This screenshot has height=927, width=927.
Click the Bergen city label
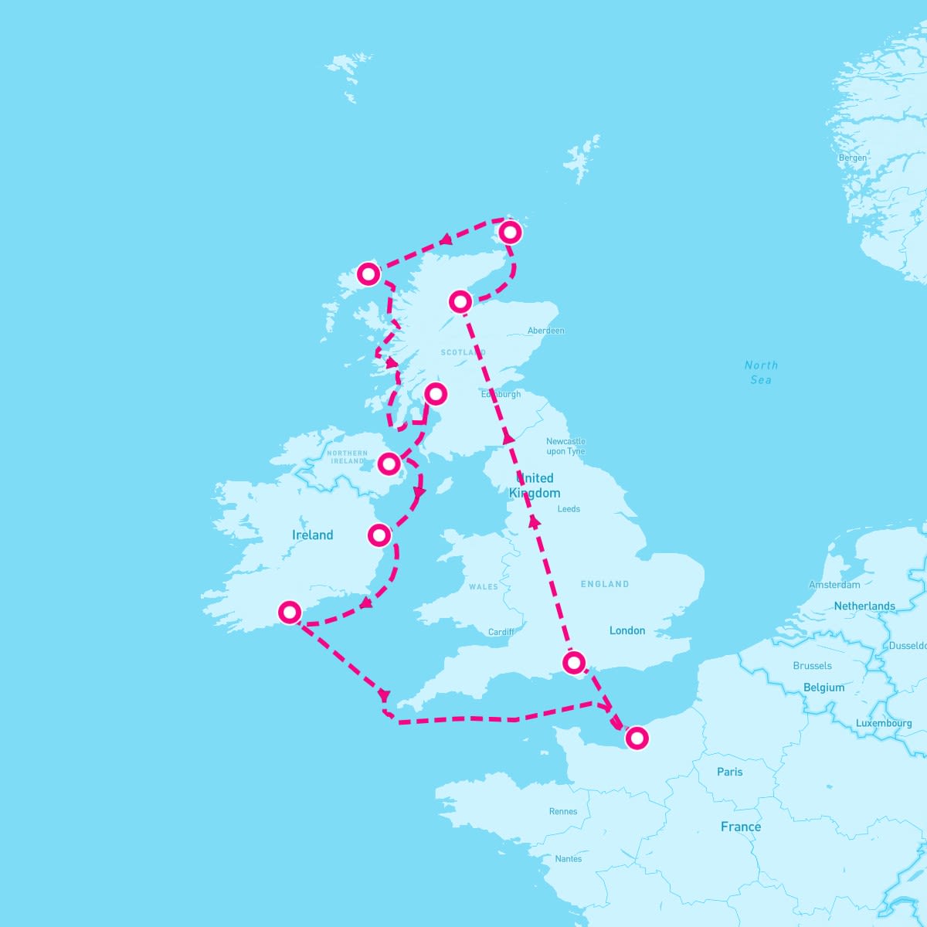853,158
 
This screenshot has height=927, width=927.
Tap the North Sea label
761,372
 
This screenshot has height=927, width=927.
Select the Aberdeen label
545,331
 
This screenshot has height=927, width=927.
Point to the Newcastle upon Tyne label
565,447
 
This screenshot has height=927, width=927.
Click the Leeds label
569,509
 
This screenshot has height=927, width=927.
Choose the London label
626,630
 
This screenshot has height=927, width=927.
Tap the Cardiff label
501,632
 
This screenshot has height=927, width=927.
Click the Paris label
729,771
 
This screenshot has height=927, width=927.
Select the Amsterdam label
834,585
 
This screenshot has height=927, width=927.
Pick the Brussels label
812,665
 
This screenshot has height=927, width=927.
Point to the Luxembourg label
883,723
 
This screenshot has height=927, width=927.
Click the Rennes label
562,811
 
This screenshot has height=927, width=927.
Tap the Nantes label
568,858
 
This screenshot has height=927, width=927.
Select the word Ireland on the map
312,535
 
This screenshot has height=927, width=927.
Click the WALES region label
484,587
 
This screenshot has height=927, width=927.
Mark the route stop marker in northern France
637,738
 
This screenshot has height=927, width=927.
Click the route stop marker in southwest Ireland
290,613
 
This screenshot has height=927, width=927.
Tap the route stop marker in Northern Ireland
389,463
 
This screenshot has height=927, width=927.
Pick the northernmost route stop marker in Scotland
510,232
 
